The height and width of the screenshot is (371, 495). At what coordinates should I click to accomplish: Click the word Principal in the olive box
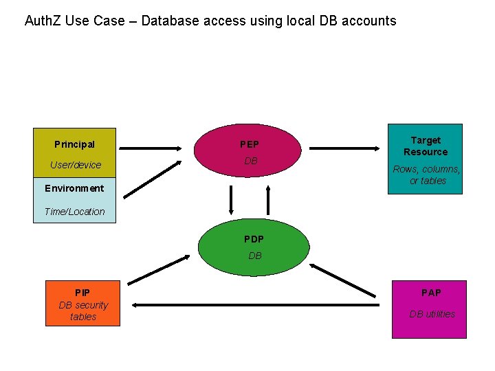[x=74, y=144]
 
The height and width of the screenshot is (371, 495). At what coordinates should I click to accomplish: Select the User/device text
[x=75, y=165]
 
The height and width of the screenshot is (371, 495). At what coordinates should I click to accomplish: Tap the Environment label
[x=74, y=188]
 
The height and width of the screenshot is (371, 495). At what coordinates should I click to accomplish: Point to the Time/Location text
[x=74, y=212]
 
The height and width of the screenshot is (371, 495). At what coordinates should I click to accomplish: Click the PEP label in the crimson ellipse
[x=249, y=144]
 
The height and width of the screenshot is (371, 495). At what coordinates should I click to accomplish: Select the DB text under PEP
[x=250, y=161]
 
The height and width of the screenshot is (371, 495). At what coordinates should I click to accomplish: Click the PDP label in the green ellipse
[x=254, y=239]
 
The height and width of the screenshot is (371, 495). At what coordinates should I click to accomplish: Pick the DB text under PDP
[x=254, y=256]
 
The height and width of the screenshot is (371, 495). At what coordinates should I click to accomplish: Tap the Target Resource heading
[x=425, y=146]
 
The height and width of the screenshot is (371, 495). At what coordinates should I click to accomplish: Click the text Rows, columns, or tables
[x=426, y=175]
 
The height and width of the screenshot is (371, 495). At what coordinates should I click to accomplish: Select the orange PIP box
[x=82, y=303]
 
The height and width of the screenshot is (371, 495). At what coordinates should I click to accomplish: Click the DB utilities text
[x=432, y=314]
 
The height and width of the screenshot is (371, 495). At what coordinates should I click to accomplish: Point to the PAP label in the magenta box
[x=431, y=293]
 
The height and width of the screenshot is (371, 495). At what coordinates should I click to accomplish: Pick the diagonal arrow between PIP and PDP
[x=159, y=269]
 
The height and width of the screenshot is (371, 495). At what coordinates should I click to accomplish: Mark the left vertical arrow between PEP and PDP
[x=231, y=201]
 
